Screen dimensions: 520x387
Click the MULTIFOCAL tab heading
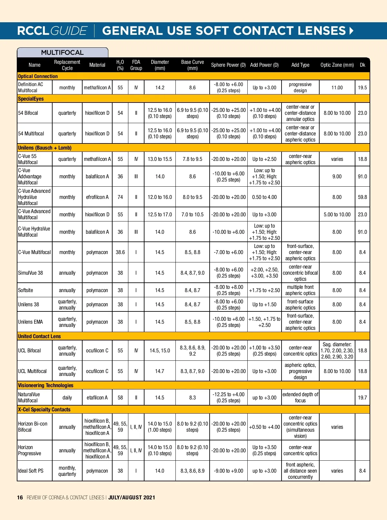click(62, 53)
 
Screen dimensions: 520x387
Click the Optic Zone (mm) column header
click(337, 65)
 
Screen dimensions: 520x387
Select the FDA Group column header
click(136, 65)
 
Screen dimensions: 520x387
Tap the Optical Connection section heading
click(38, 76)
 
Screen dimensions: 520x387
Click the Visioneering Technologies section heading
click(45, 385)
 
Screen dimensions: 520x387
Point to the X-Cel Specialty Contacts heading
click(44, 409)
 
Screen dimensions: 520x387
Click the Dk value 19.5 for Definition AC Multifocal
click(362, 87)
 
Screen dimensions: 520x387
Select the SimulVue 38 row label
click(30, 273)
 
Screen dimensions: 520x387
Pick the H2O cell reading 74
click(120, 197)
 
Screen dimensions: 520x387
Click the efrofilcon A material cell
click(97, 197)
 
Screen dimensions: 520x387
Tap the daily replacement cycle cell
click(67, 397)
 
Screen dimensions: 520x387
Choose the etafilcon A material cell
click(97, 397)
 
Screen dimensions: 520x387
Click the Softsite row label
click(25, 290)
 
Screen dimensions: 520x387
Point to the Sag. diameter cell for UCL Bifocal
click(337, 350)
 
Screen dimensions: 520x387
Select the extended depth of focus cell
click(300, 397)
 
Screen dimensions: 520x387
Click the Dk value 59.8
click(362, 197)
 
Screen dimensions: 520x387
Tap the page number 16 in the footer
click(20, 497)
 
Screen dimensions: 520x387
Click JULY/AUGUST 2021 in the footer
click(132, 497)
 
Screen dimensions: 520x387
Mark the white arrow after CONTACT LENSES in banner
click(352, 31)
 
